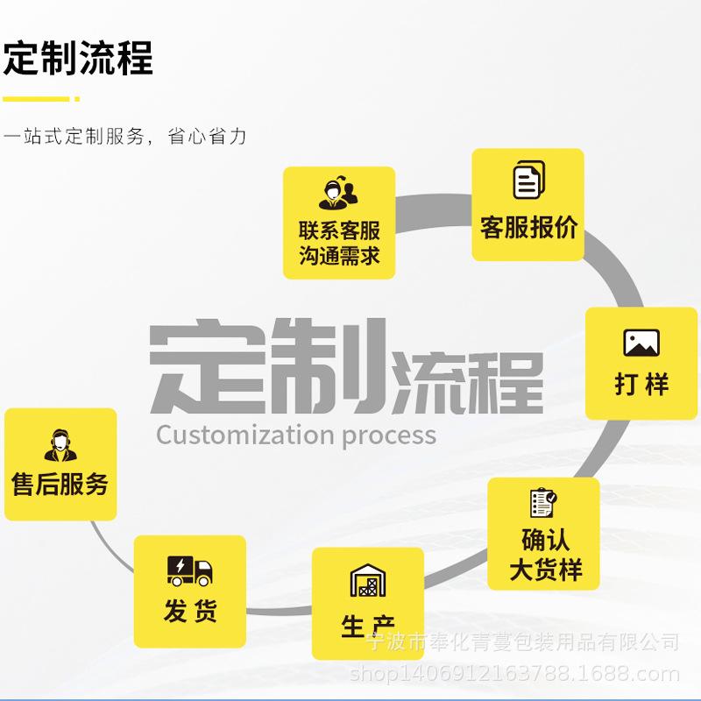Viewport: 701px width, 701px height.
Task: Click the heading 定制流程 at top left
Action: coord(78,58)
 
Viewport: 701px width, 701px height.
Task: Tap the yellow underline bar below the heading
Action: coord(41,99)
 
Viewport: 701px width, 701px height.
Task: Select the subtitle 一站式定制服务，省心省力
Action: coord(124,137)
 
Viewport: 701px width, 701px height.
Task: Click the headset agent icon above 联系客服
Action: coord(338,192)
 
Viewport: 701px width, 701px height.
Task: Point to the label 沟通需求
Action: coord(339,255)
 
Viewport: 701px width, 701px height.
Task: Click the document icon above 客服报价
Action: coord(529,180)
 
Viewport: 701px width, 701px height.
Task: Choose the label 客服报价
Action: coord(529,227)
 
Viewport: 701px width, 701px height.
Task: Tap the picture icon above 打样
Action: coord(641,343)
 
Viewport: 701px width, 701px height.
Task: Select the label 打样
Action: coord(641,384)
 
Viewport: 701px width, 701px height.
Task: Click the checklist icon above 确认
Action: coord(543,502)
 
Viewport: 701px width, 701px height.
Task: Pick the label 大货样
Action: coord(545,570)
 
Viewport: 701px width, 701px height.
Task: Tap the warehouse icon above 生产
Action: coord(367,580)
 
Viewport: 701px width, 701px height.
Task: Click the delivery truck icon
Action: coord(189,571)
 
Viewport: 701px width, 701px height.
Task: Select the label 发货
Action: coord(190,611)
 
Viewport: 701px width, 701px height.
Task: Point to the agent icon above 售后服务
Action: coord(60,445)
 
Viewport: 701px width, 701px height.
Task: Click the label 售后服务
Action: coord(60,484)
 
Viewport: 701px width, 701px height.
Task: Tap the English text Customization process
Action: coord(296,435)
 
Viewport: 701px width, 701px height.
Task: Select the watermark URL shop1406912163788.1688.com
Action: coord(514,674)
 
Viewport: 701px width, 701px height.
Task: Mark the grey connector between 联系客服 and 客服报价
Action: coord(433,213)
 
